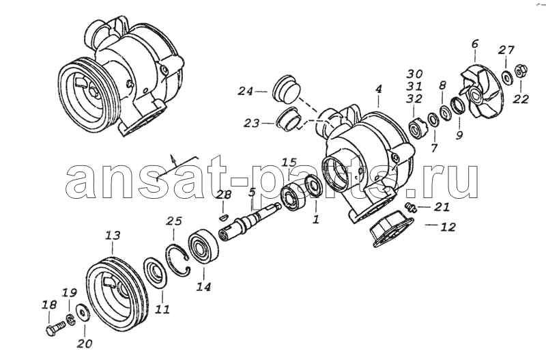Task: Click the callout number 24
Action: (x=246, y=92)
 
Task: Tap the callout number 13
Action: (x=113, y=235)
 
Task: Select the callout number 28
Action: (x=223, y=195)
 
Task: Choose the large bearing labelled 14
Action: (x=203, y=248)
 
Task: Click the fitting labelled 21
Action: (x=411, y=208)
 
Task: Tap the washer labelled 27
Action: (x=506, y=77)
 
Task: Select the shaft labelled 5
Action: (x=250, y=220)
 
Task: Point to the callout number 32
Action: (x=414, y=98)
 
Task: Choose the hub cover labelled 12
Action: (x=392, y=229)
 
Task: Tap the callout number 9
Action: (x=459, y=135)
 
